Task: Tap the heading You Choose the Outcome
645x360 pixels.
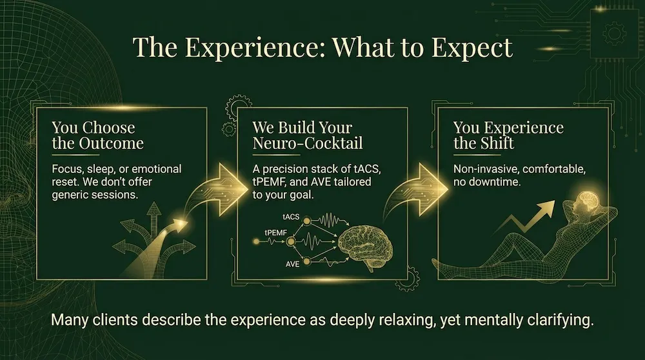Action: (x=97, y=135)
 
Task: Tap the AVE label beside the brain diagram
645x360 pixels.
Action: (x=292, y=265)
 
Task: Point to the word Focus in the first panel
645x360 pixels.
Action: (x=68, y=169)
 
